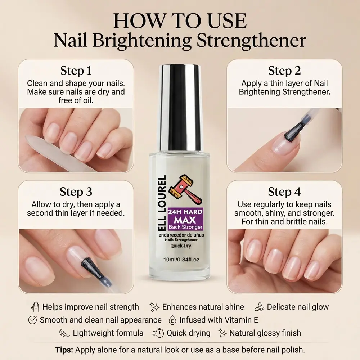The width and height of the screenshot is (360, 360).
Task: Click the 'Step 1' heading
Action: pos(76,71)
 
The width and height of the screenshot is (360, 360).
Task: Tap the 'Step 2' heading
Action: pos(284,71)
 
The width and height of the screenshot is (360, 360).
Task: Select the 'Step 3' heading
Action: pos(76,192)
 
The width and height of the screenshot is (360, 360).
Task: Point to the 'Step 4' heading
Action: pos(284,192)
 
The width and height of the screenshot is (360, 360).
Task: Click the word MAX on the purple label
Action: pos(185,220)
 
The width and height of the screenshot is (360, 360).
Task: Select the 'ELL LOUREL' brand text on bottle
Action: pos(162,204)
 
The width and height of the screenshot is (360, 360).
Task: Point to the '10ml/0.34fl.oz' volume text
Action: pos(181,260)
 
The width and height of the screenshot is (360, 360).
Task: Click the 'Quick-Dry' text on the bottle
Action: pos(181,246)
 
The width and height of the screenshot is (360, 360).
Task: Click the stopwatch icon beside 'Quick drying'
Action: pos(158,333)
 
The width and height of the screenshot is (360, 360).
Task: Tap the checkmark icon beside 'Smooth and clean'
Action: pos(32,320)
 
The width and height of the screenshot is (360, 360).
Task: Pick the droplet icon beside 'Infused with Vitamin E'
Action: pos(172,320)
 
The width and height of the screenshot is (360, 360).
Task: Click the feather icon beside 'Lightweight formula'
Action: pos(64,333)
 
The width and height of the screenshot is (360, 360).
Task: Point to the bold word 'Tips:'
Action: pos(64,350)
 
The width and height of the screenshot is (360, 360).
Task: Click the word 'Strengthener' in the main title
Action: pos(251,41)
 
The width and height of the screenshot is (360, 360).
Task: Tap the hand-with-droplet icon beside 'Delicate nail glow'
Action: pos(260,307)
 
